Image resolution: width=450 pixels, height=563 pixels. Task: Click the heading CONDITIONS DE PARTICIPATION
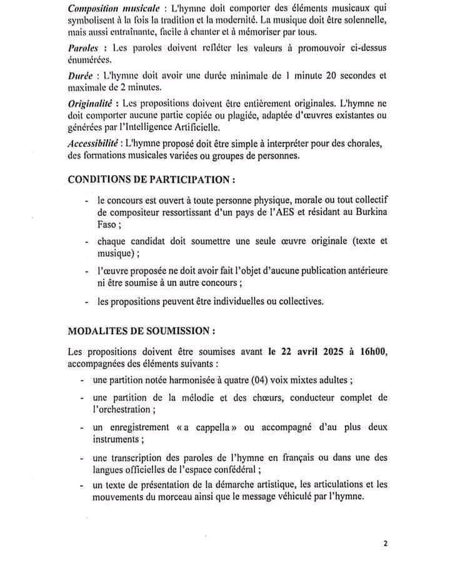click(x=151, y=179)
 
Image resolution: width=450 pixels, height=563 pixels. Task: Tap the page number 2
click(x=386, y=543)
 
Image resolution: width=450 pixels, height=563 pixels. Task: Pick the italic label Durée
click(x=81, y=75)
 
